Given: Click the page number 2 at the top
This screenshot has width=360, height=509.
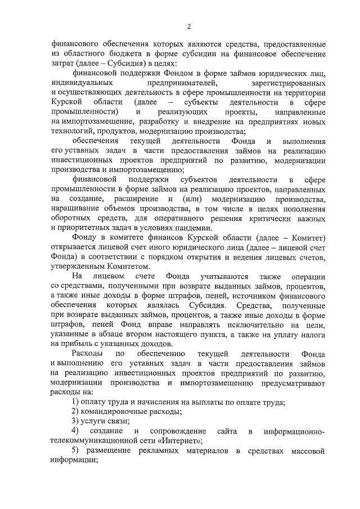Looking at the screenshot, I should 190,26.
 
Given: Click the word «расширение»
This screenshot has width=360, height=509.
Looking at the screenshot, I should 134,199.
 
